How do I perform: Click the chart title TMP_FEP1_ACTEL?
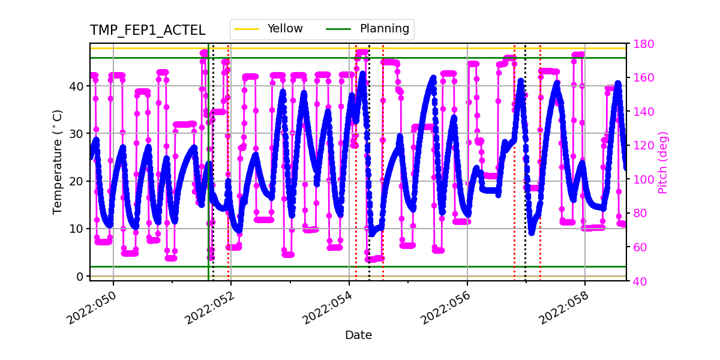[148, 31]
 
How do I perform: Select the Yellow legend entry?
[285, 29]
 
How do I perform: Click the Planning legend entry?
[384, 29]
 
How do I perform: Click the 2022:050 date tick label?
[91, 311]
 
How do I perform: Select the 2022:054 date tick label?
[328, 311]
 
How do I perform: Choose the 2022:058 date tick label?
[563, 311]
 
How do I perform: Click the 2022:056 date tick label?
[445, 311]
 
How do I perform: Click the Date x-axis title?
[358, 335]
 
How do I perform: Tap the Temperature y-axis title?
[58, 161]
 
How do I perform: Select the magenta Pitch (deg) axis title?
[663, 162]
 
